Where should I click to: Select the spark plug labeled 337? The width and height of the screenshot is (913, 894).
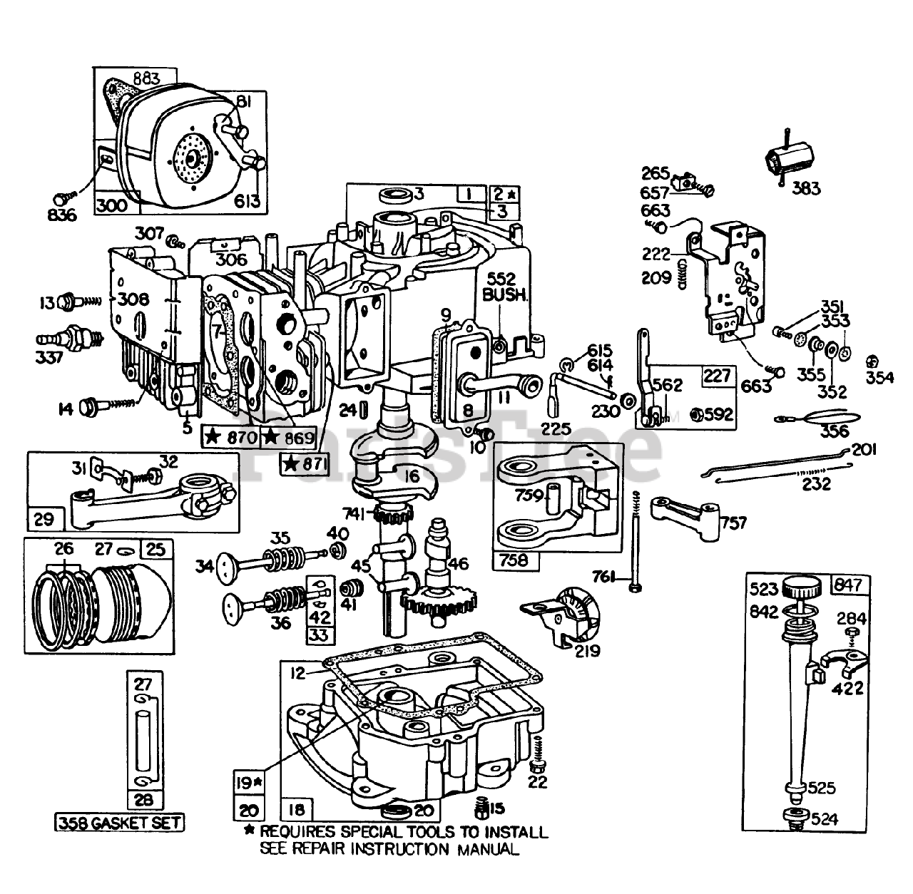click(72, 335)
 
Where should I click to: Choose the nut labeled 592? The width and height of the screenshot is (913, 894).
click(702, 414)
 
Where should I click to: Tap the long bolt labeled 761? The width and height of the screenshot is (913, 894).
click(634, 542)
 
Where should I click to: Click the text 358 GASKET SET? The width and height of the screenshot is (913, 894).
click(120, 823)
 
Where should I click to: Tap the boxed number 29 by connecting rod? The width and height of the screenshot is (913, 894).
click(44, 519)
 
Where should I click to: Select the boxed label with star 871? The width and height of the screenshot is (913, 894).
click(305, 464)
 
